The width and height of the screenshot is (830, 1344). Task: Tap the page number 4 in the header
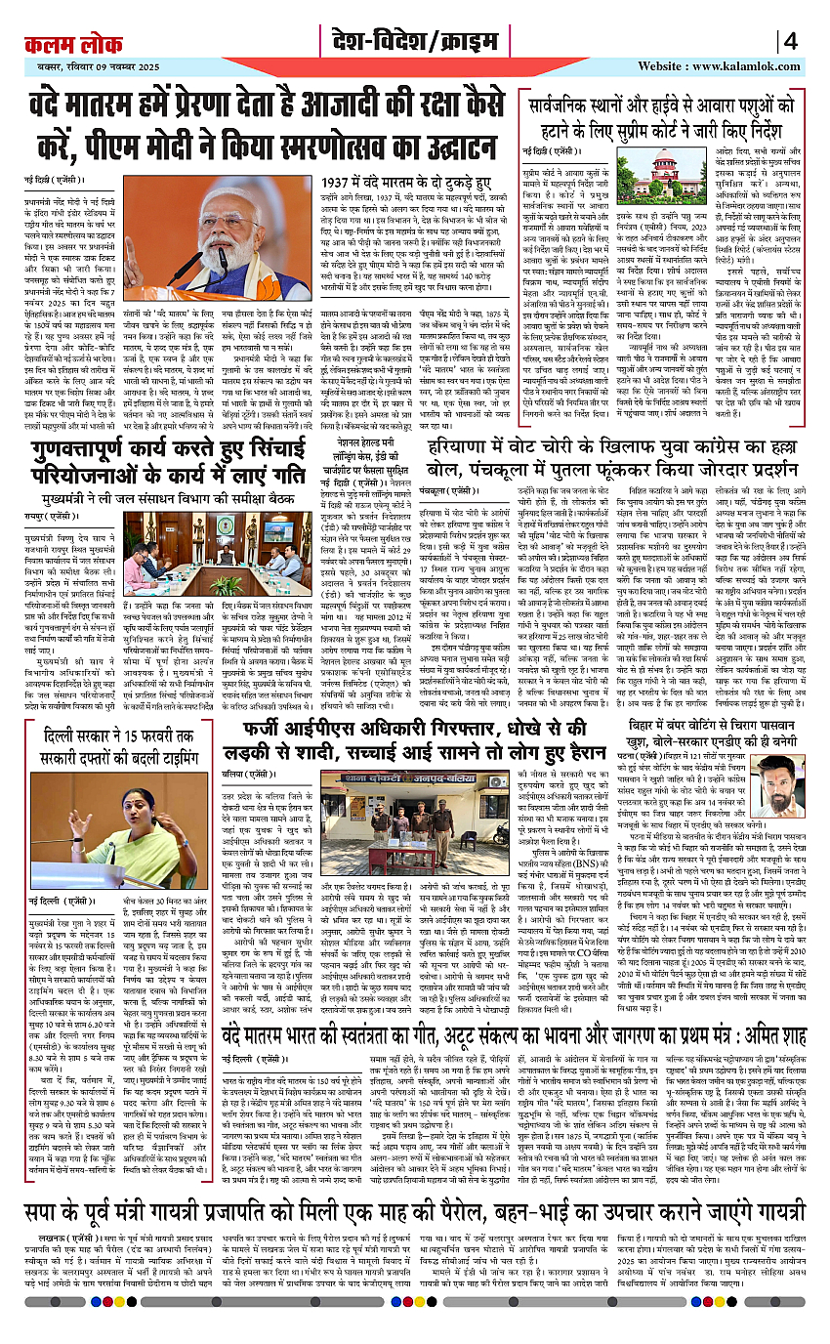(790, 41)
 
